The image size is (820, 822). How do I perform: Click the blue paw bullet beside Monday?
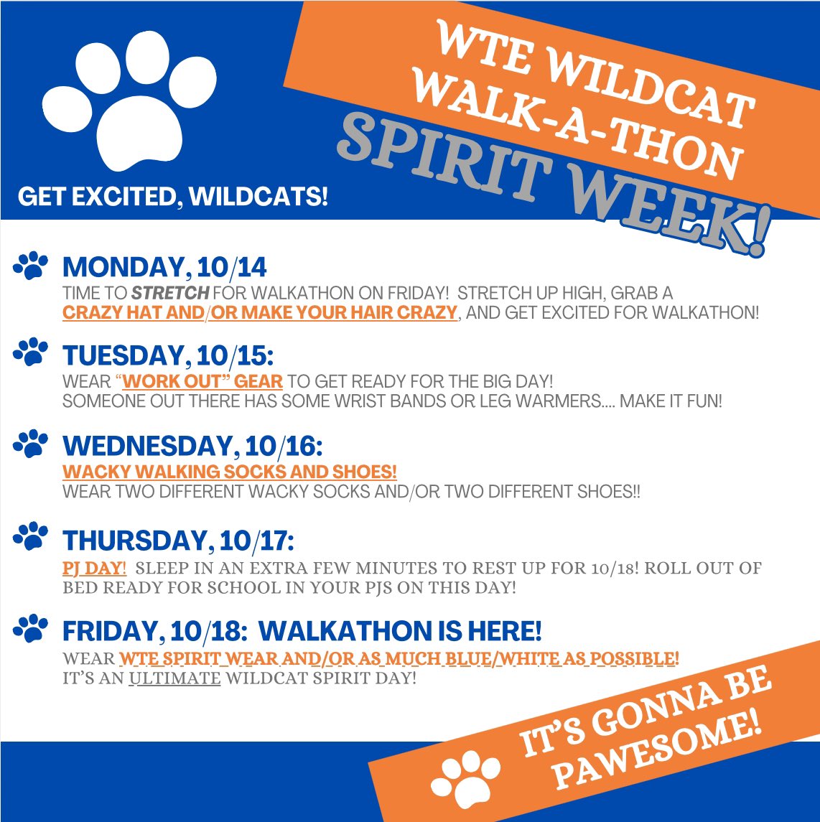point(30,266)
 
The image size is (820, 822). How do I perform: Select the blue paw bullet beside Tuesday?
point(30,353)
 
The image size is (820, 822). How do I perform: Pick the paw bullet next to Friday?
point(30,630)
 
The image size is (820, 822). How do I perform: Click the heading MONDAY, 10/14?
point(164,268)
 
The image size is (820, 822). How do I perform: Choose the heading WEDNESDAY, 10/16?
point(192,447)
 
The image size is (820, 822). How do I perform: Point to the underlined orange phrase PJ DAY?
point(95,569)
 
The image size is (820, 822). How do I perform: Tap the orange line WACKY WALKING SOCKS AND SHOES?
point(230,472)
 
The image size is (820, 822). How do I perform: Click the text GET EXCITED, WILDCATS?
point(173,196)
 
